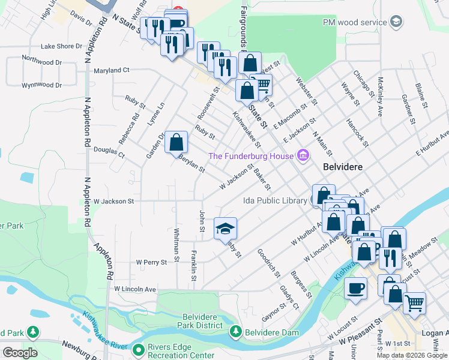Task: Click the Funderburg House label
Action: tap(251, 156)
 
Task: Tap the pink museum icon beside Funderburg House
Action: tap(303, 156)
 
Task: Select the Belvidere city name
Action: tap(343, 167)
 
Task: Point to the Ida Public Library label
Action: tap(275, 201)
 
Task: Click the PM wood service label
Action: tap(355, 22)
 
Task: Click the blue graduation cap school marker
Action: tap(225, 228)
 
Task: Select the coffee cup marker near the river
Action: tap(356, 287)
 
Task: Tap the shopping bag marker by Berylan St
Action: tap(176, 142)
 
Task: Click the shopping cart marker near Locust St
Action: tap(414, 303)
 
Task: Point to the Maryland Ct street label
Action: tap(112, 70)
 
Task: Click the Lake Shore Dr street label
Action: tap(61, 46)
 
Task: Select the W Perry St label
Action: tap(151, 262)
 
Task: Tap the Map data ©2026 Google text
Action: tap(412, 355)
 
